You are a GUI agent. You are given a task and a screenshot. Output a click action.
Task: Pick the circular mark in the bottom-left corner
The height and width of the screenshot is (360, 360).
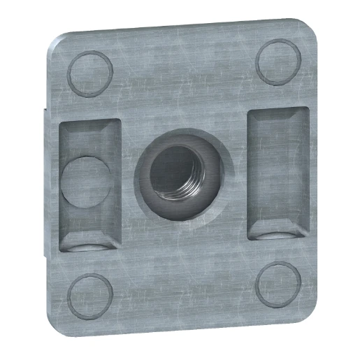click(89, 294)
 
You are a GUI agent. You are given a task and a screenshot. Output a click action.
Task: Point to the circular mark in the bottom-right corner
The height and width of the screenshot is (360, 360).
click(278, 285)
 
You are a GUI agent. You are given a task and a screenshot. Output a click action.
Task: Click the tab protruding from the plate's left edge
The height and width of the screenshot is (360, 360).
click(44, 182)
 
